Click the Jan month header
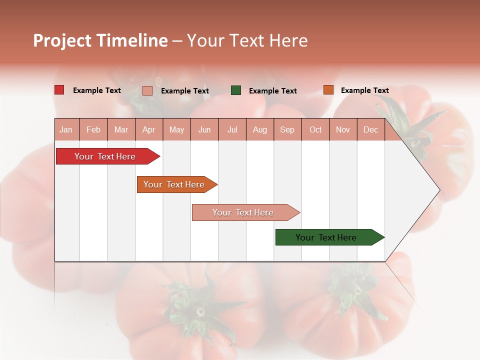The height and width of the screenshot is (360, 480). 66,130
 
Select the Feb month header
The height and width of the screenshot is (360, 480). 93,130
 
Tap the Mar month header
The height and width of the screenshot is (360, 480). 121,130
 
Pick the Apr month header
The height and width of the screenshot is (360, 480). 149,130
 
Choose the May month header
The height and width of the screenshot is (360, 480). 176,130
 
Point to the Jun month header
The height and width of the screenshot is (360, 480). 204,130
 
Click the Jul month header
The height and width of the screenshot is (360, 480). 232,130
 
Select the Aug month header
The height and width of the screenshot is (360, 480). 260,130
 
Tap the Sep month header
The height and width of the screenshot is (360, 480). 287,130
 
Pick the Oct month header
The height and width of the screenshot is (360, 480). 315,130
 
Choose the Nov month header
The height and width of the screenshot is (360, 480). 343,130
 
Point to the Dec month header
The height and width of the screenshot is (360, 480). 371,130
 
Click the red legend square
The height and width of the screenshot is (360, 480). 59,90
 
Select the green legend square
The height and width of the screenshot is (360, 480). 236,90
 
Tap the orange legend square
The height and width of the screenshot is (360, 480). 328,90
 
